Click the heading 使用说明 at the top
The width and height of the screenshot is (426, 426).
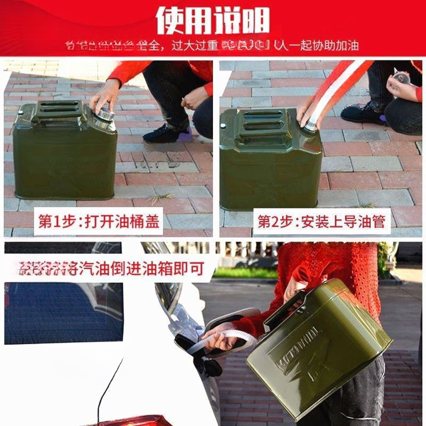point(212,20)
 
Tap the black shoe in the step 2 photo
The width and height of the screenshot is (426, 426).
point(363,112)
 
